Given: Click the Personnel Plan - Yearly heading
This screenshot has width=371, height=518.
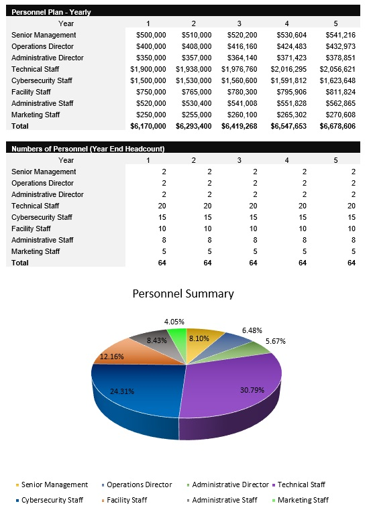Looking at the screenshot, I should tap(51, 12).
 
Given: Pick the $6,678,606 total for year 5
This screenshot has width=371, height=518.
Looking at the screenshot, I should tap(337, 126).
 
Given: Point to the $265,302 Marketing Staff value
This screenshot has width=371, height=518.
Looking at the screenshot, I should tap(290, 115).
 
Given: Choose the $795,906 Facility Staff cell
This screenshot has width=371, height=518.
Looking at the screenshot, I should tap(290, 92).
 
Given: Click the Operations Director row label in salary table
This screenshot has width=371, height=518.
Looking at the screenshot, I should tap(42, 46).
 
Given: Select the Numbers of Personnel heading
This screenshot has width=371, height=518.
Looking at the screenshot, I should tap(88, 149).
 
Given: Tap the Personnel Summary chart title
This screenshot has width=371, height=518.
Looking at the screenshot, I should tap(183, 294).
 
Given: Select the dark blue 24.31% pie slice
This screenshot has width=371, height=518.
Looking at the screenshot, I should tap(134, 402).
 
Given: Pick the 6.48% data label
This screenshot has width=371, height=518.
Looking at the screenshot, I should tap(252, 330).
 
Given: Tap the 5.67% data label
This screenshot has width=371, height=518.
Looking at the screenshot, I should tap(275, 341).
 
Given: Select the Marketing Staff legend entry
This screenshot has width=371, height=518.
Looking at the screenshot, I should tap(303, 500).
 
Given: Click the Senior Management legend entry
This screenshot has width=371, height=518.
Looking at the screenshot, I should tap(54, 484).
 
